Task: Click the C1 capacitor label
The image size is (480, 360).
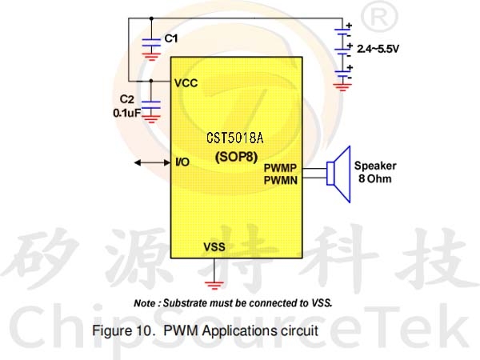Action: coord(171,38)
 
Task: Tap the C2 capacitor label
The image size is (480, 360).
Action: coord(126,99)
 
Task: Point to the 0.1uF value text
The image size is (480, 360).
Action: coord(127,113)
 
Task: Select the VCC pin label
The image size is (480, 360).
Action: coord(186,83)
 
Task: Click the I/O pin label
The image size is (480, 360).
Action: coord(182,162)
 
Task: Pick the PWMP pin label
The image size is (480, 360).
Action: coord(280,168)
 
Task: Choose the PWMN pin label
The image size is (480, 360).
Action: coord(281,180)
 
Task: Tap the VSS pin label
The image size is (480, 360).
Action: coord(214,246)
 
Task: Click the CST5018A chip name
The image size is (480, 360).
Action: coord(234,138)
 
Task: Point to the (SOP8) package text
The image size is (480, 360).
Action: coord(236,157)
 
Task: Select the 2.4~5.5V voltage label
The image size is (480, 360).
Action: coord(378,49)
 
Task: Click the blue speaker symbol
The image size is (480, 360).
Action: coord(338,174)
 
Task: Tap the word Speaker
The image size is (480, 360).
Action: coord(375,166)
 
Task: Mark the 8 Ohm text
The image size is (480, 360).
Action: coord(375,178)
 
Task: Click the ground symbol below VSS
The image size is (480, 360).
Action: coord(214,285)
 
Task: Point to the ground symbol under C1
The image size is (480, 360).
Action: coord(151,57)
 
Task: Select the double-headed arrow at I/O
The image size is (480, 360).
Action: coord(153,163)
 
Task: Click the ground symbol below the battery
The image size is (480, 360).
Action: coord(342,87)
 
